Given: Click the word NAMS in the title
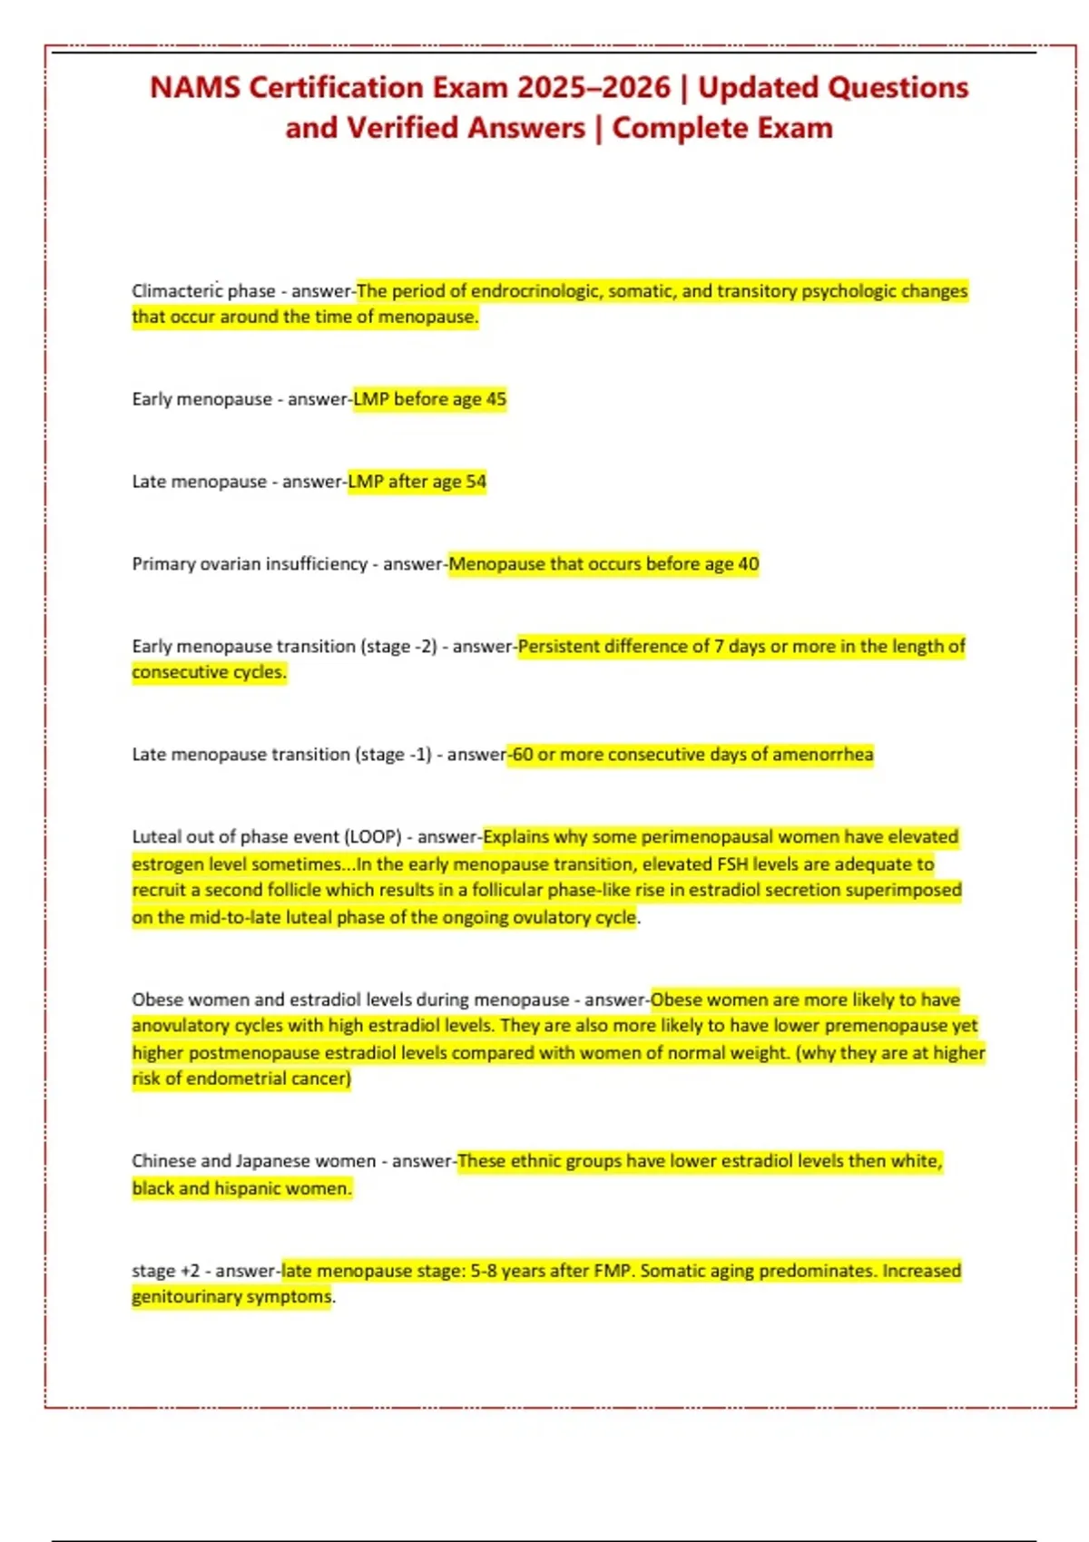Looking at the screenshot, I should tap(194, 88).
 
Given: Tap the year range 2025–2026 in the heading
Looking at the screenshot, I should tap(594, 88).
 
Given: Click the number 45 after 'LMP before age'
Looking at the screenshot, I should tap(495, 399).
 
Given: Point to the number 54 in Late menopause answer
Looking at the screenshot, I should tap(476, 482).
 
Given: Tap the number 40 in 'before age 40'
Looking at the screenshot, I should tap(748, 564).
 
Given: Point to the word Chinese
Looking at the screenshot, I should tap(163, 1161).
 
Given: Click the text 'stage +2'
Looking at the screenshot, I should tap(165, 1271).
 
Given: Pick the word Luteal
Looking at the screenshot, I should tap(156, 837).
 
